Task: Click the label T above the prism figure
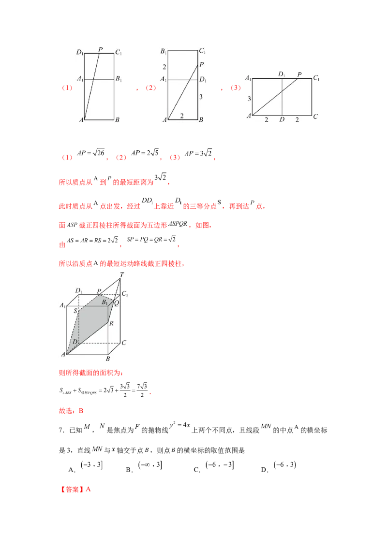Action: [x=121, y=274]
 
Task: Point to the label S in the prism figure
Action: [x=75, y=312]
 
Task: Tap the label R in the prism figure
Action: [x=111, y=323]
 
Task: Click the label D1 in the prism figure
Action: [x=79, y=291]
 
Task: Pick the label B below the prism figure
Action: [x=108, y=359]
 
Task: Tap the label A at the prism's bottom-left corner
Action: [x=63, y=355]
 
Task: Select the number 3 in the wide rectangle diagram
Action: [x=249, y=99]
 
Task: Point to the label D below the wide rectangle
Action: [x=282, y=119]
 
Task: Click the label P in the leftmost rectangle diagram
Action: [x=100, y=49]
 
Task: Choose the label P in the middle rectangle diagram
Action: [x=201, y=64]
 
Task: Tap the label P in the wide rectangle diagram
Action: [x=299, y=74]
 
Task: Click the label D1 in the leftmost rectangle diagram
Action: [x=80, y=51]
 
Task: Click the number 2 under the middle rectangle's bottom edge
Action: [x=181, y=116]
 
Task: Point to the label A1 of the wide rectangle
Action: [x=248, y=78]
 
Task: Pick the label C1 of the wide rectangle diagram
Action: [x=316, y=78]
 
